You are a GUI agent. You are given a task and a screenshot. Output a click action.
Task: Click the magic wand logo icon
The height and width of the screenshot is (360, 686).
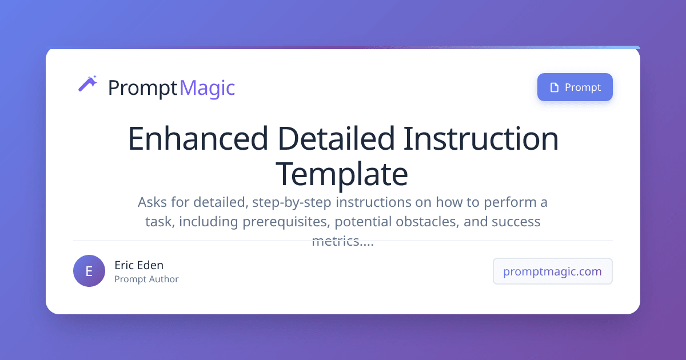(x=87, y=84)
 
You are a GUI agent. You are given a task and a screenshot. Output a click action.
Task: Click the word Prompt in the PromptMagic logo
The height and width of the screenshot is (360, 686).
(x=142, y=88)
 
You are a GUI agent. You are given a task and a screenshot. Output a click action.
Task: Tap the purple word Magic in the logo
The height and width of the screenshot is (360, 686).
(x=207, y=88)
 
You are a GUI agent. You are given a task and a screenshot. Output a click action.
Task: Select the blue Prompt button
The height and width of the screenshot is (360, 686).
(x=575, y=87)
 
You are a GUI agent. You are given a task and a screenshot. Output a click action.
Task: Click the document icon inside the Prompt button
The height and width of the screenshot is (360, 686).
(x=553, y=87)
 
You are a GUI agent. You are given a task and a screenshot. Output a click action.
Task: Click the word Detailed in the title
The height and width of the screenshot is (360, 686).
(x=336, y=139)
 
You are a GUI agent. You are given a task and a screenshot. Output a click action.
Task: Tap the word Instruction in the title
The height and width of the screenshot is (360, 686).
(x=481, y=139)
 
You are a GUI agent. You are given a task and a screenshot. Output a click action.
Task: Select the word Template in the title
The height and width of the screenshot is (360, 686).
(x=342, y=174)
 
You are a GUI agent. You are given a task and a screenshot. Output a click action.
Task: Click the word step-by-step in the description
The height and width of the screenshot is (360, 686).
(x=294, y=202)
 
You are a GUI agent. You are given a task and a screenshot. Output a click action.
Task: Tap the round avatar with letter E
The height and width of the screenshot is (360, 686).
(x=89, y=271)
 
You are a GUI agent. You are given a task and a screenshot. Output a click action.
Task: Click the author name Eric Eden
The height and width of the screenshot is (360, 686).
(x=139, y=265)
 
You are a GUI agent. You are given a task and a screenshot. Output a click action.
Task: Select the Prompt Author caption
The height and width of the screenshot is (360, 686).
(x=146, y=279)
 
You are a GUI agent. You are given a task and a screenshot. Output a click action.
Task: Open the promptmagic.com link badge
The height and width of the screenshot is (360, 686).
(x=552, y=271)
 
